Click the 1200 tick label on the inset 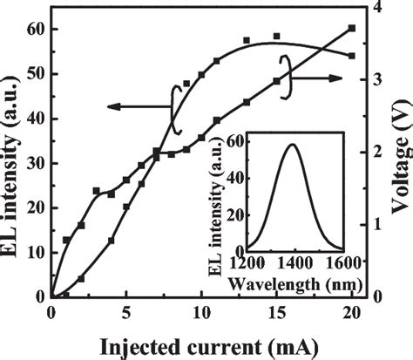click(247, 261)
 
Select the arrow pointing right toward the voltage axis click(326, 78)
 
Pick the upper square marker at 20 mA click(351, 28)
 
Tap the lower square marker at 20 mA click(351, 56)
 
